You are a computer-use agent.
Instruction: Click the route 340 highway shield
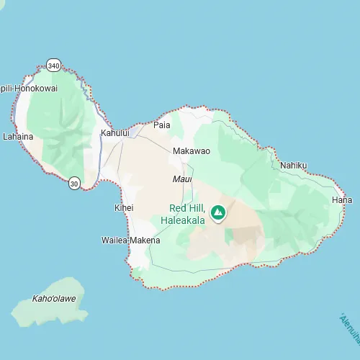(53, 66)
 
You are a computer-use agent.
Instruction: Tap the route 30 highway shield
(74, 184)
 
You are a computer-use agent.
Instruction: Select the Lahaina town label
(19, 136)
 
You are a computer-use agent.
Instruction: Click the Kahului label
(114, 133)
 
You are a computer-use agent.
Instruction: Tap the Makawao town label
(192, 151)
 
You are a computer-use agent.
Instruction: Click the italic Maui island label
(182, 179)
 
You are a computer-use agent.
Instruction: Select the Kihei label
(124, 208)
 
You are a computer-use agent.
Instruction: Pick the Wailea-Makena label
(130, 240)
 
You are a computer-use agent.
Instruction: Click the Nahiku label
(293, 166)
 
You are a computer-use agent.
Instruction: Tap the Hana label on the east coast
(341, 199)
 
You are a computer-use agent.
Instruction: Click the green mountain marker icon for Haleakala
(218, 212)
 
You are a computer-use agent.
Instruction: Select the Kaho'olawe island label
(54, 298)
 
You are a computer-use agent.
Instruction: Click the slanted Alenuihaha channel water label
(351, 328)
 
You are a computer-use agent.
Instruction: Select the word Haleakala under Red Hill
(183, 220)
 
